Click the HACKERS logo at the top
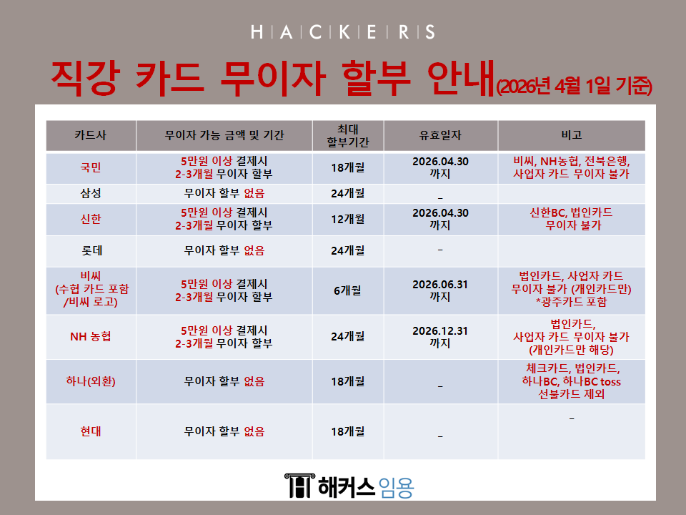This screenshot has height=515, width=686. pos(343,32)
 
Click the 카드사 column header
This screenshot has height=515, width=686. pos(91,135)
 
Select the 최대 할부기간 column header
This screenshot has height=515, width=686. pos(348,135)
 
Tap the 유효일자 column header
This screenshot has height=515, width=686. pos(440,135)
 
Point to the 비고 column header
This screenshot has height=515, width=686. pos(572,135)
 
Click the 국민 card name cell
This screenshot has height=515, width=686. pos(91,167)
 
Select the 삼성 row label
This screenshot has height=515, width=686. pos(91,193)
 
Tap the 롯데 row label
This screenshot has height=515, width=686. pos(91,250)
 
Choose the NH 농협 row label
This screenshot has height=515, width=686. pos(91,336)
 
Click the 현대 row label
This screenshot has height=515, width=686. pos(91,431)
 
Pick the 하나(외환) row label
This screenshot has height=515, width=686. pos(91,381)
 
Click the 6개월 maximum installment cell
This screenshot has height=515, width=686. pos(347,290)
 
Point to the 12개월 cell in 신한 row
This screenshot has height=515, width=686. pos(348,219)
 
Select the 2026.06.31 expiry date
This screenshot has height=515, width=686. pos(440,285)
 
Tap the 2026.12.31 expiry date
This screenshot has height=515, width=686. pos(440,331)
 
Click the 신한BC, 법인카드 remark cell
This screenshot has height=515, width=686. pos(572,219)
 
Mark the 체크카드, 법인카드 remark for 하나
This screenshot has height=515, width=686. pos(572,381)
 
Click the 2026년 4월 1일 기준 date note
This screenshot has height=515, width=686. pos(575,87)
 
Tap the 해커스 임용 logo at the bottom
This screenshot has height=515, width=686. pos(349,486)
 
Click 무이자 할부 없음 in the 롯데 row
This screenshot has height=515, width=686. pos(224,250)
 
